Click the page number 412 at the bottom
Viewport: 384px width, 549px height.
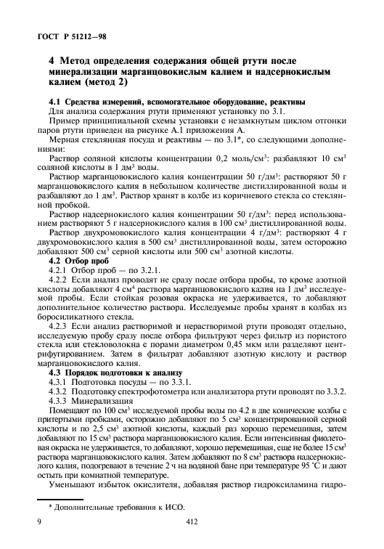click(192, 521)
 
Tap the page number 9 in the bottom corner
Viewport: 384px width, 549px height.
click(38, 521)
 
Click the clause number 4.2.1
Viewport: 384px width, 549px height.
click(57, 269)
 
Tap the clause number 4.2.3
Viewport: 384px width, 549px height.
click(57, 326)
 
